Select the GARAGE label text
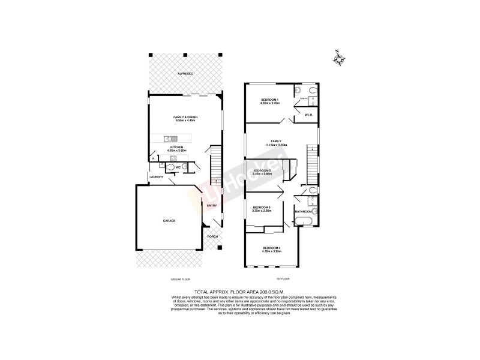[x=169, y=221]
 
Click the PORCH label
[x=212, y=236]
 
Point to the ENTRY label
[x=212, y=206]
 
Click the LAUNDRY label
[x=157, y=177]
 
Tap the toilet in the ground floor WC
[x=172, y=167]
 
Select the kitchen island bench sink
[x=168, y=139]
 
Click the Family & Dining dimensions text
[x=185, y=121]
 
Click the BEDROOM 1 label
[x=270, y=99]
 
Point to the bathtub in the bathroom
[x=302, y=223]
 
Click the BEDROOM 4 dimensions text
[x=272, y=252]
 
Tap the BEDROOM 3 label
[x=262, y=207]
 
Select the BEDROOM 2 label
[x=262, y=170]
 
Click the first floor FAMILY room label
[x=277, y=141]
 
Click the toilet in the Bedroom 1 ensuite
[x=298, y=91]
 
